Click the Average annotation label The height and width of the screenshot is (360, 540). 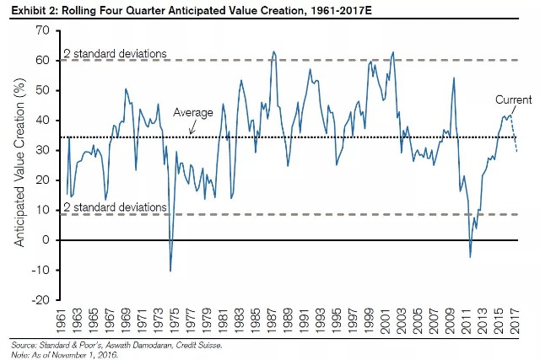(192, 111)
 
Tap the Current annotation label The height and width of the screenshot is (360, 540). (513, 99)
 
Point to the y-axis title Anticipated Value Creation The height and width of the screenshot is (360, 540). (19, 165)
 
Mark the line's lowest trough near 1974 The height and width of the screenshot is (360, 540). (170, 271)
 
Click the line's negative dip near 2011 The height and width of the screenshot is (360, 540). (471, 256)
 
